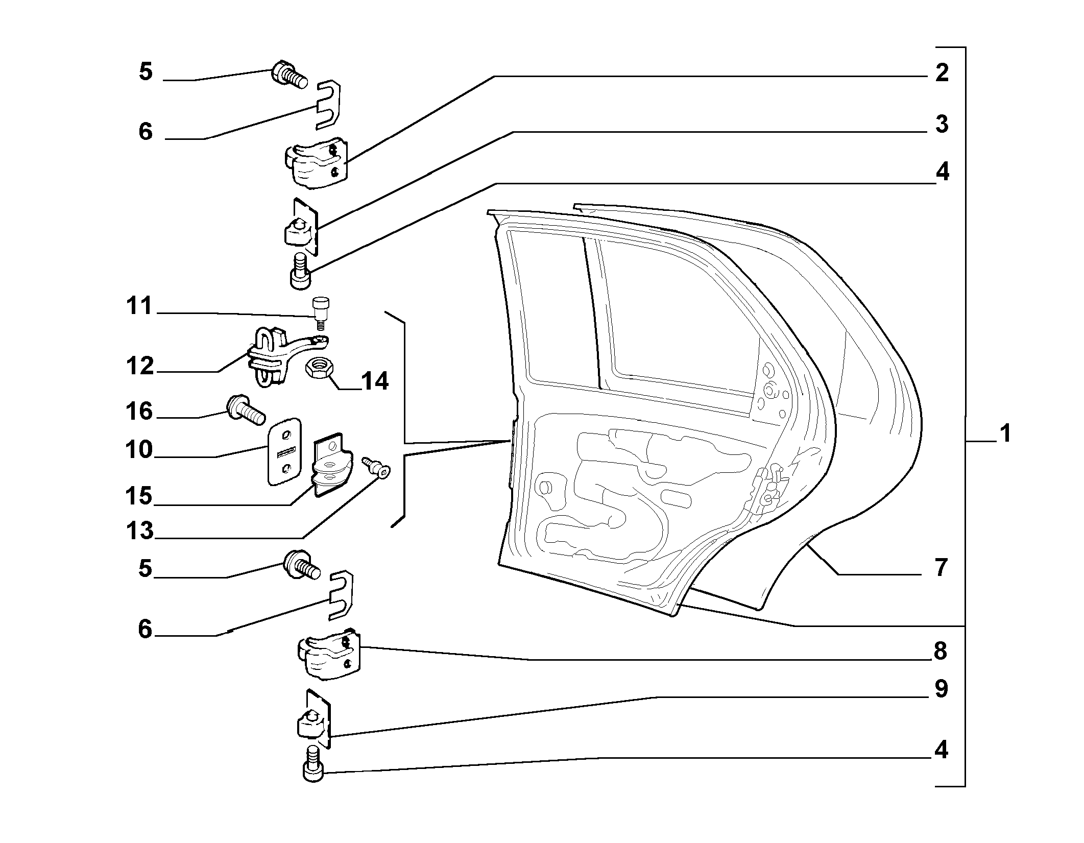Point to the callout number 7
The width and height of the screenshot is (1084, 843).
coord(941,568)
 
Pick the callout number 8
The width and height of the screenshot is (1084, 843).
coord(941,651)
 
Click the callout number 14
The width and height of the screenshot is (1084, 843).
coord(375,381)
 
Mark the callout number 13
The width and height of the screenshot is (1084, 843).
coord(139,531)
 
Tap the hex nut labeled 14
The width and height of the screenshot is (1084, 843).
coord(319,368)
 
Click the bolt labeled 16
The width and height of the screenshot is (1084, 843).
coord(246,411)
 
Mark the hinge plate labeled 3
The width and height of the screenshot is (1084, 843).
coord(302,226)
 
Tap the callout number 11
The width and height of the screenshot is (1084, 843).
coord(139,306)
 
